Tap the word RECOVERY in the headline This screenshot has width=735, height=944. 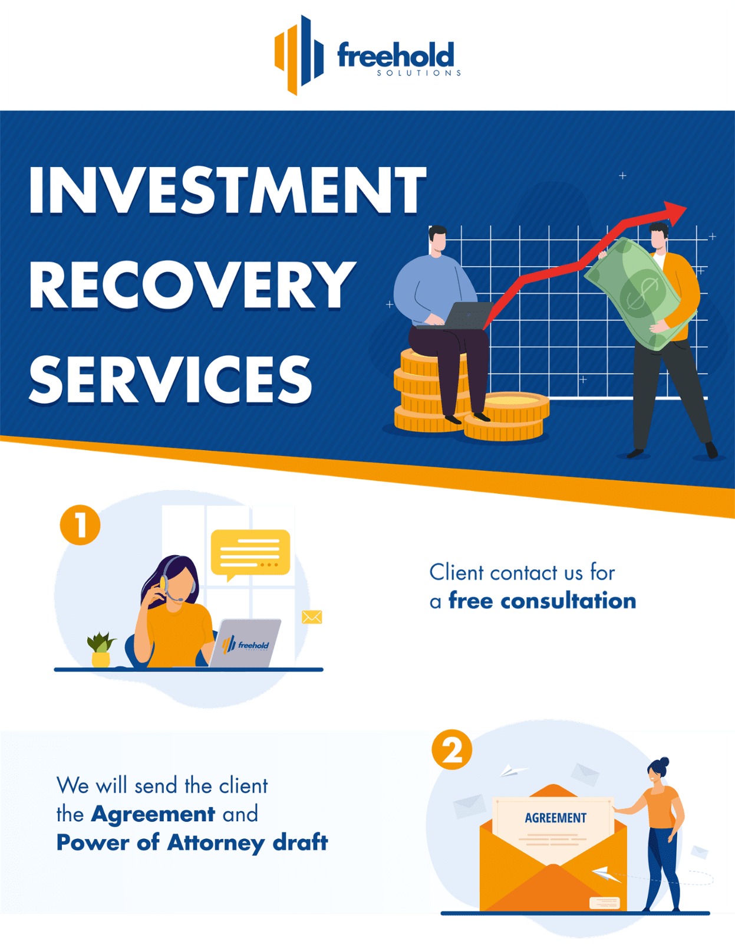192,285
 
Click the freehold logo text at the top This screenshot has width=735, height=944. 395,57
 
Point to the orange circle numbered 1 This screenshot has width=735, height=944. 80,525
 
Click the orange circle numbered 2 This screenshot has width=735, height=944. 452,750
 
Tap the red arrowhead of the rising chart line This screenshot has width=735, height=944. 675,212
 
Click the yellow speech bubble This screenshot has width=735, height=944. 251,553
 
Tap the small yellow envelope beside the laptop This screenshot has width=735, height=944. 312,617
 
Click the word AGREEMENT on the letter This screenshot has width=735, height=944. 555,818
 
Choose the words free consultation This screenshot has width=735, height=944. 542,601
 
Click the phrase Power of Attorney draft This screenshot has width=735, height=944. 192,843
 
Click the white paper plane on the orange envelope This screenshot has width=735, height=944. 606,874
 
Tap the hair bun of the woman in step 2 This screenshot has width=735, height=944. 665,761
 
